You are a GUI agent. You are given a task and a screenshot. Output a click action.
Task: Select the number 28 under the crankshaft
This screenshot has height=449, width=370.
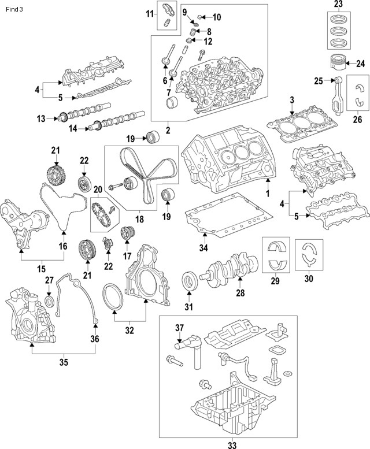(240, 293)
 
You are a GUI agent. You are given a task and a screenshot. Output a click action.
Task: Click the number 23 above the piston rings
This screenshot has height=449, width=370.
(338, 5)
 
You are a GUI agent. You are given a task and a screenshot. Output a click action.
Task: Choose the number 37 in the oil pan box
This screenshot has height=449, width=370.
(179, 328)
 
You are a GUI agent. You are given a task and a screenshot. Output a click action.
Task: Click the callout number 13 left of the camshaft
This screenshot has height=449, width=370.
(41, 119)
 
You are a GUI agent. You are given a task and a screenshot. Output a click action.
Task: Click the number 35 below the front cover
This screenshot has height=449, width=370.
(64, 363)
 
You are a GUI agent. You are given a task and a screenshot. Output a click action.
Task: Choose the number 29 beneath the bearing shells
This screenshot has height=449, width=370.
(275, 281)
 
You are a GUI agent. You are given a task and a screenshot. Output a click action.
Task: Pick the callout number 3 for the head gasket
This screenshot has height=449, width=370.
(292, 100)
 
